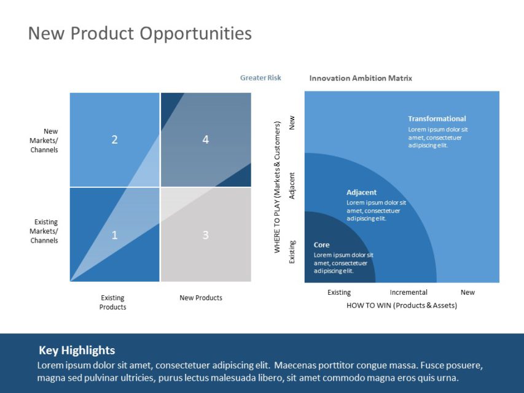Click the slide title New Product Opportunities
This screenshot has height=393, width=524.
(x=140, y=33)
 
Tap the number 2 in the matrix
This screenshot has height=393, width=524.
(x=114, y=140)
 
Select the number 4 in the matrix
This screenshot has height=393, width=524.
(x=205, y=140)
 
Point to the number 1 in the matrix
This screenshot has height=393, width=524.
(x=114, y=235)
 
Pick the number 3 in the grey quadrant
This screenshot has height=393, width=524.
(x=205, y=235)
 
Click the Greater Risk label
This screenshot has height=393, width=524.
(x=260, y=78)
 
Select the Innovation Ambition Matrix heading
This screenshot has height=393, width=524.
(x=361, y=78)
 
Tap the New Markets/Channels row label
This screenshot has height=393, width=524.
(x=44, y=141)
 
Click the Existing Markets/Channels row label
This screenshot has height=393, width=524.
(x=44, y=231)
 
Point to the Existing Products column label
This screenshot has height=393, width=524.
(x=112, y=302)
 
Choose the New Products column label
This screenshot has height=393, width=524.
(x=201, y=298)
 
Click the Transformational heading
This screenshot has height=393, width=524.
(x=437, y=119)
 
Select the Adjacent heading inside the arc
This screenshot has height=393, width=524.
(x=361, y=192)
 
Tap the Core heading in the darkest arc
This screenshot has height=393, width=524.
(x=321, y=244)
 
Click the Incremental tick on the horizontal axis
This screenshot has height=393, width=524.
(x=409, y=292)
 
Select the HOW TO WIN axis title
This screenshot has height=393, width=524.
(x=402, y=305)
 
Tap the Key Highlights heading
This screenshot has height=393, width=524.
(x=77, y=351)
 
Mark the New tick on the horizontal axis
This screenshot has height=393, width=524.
(x=467, y=292)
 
